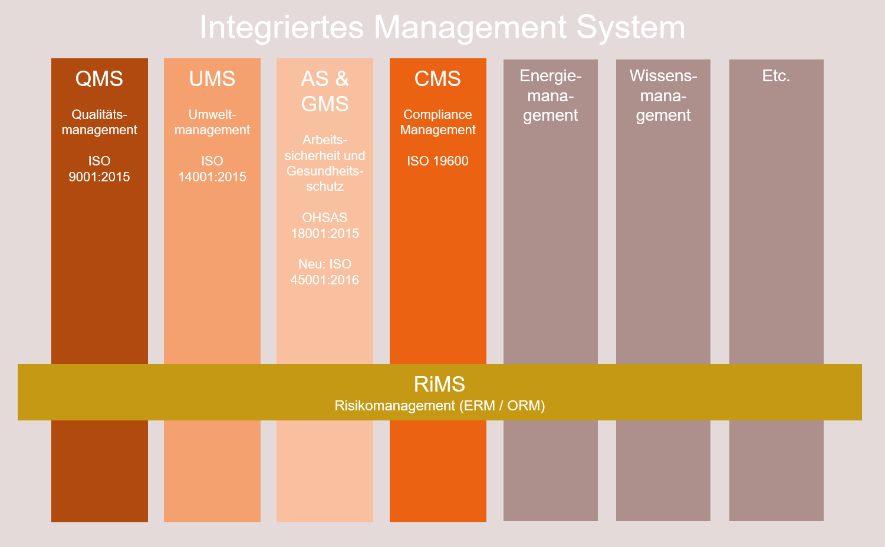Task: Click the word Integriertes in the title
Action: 281,28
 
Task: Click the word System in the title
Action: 630,28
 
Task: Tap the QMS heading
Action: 99,78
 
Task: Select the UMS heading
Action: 212,78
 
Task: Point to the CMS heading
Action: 437,78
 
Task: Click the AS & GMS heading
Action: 325,91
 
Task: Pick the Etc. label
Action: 776,76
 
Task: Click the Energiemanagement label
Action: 550,96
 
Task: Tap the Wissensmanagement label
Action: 663,96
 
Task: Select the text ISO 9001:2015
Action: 99,169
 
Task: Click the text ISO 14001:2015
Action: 212,169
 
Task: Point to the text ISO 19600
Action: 437,161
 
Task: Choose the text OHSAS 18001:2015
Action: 325,226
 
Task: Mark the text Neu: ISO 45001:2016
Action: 325,272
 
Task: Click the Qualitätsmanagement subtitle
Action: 99,122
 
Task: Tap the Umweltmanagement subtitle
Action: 212,122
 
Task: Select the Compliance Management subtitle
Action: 437,122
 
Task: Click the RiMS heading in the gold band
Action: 439,384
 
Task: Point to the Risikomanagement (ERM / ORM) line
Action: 440,406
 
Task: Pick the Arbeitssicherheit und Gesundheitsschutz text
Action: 325,163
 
